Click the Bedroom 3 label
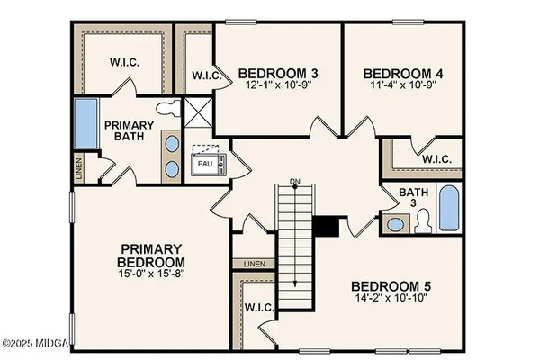(279, 71)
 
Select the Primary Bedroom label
(152, 254)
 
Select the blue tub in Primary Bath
(85, 122)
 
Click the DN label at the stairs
(294, 182)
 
